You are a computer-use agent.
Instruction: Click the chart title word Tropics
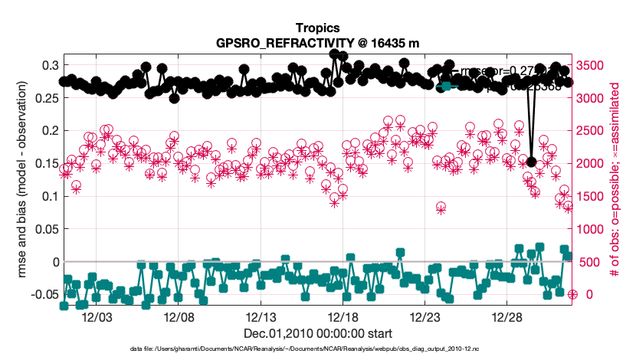coord(317,28)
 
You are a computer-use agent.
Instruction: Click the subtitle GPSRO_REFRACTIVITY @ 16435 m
coord(317,42)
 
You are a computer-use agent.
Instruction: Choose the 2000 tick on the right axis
coord(592,163)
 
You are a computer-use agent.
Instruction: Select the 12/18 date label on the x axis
coord(343,316)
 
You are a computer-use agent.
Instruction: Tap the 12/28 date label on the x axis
coord(507,316)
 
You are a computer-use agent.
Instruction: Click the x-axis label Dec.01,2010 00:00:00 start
coord(317,333)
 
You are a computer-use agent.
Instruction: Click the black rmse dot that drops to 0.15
coord(532,162)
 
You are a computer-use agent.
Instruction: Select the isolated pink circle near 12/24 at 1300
coord(441,208)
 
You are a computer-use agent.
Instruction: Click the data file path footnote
coord(317,349)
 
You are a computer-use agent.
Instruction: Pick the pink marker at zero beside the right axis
coord(572,294)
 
